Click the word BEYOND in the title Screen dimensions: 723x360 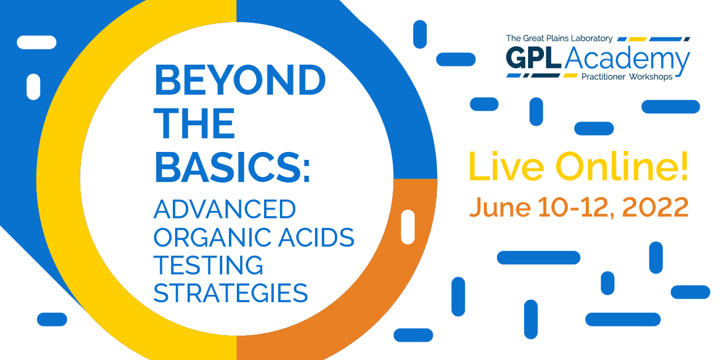[240, 80]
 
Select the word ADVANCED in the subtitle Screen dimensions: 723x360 [224, 209]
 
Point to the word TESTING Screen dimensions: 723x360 [208, 265]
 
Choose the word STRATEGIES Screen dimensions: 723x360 [231, 293]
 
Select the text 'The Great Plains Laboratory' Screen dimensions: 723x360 [559, 39]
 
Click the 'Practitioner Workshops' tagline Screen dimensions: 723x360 [627, 77]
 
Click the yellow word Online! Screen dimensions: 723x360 [622, 166]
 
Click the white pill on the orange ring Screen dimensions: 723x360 [407, 227]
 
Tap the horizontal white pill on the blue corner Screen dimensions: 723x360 [36, 43]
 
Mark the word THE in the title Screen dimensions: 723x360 [194, 124]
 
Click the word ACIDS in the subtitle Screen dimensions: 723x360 [316, 238]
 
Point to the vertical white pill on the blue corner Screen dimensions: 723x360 [33, 87]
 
